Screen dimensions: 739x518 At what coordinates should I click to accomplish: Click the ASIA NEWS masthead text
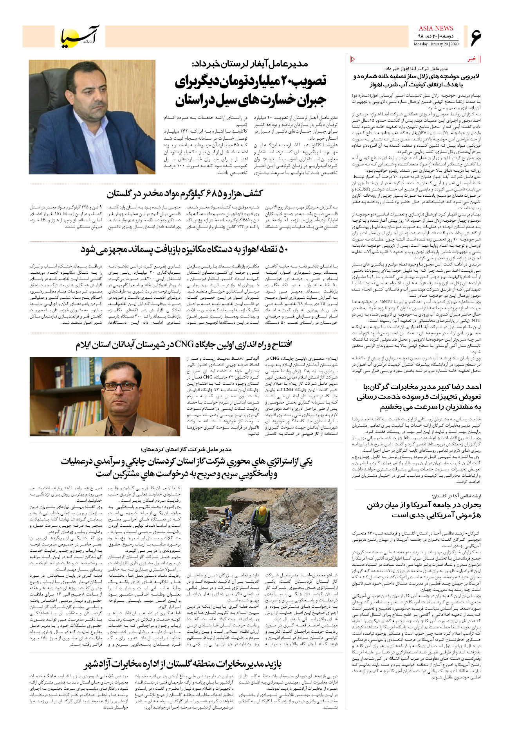click(x=436, y=28)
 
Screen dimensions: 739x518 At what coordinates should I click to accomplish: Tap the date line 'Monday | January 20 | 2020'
click(x=436, y=44)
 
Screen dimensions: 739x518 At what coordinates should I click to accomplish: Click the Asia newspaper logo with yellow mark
click(x=80, y=37)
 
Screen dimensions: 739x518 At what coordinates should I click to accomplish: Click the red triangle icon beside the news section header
click(x=352, y=59)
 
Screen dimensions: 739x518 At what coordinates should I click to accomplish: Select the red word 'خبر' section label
click(x=472, y=59)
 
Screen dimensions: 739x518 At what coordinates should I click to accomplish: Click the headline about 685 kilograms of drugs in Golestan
click(x=184, y=194)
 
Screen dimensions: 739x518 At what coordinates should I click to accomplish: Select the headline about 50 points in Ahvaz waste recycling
click(x=184, y=249)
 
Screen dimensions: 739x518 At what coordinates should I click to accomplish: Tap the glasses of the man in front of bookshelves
click(x=120, y=386)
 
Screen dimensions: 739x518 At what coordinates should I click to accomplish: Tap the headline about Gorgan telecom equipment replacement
click(x=419, y=396)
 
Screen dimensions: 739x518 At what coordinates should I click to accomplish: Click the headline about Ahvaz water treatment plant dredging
click(x=416, y=81)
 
